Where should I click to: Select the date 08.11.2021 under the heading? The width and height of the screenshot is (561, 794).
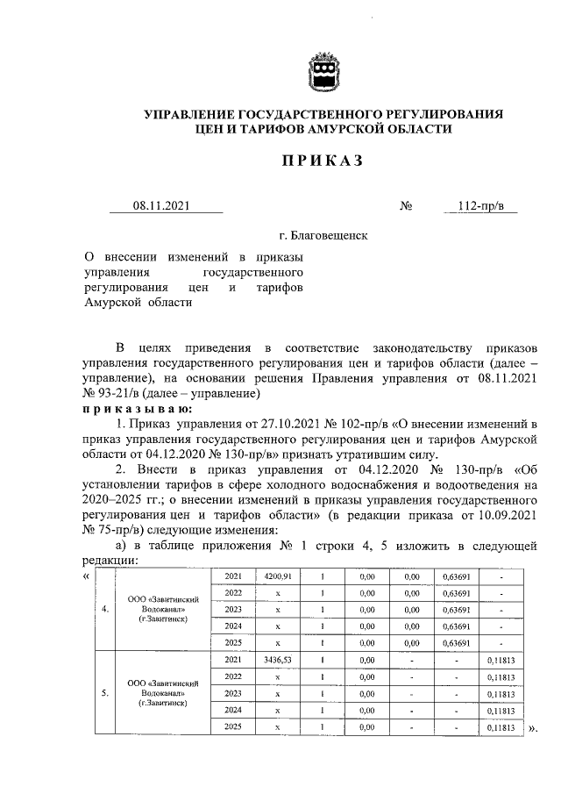[162, 206]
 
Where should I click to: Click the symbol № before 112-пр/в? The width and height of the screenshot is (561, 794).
[406, 207]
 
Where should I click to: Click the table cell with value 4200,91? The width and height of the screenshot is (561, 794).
[277, 576]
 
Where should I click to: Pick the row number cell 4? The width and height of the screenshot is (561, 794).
[105, 610]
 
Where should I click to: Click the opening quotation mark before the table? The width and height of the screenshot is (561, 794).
[85, 576]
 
